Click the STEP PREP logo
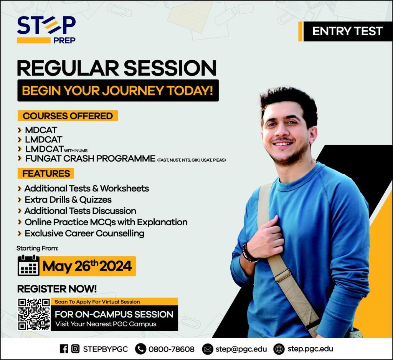coord(46,30)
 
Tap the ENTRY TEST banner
coord(345,31)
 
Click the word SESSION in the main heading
coord(170,68)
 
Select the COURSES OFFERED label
coord(68,116)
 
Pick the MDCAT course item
coord(41,130)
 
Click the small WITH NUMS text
coord(76,151)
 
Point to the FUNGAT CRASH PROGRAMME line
coord(90,159)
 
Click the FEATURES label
coord(46,173)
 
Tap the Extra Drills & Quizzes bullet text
coord(68,200)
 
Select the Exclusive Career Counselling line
coord(84,233)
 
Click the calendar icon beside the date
coord(28,265)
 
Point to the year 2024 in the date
coord(116,266)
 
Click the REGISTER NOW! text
coord(57,289)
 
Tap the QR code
coord(34,314)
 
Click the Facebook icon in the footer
coord(64,349)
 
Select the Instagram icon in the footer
coord(75,349)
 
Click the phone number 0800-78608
coord(172,349)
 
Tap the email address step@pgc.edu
coord(241,349)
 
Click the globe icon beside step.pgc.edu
coord(279,349)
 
